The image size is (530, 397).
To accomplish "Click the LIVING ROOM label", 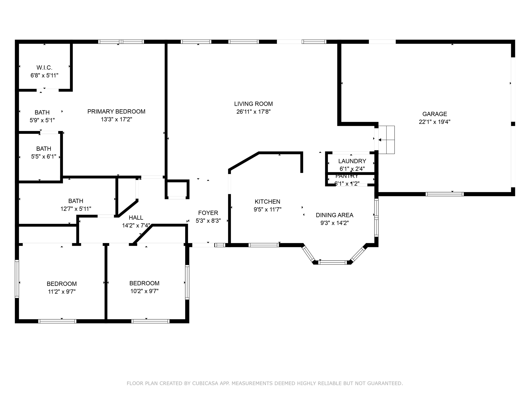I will (x=253, y=104).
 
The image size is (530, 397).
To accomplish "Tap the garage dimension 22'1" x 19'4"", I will (x=435, y=122).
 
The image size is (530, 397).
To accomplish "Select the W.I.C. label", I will (x=45, y=68).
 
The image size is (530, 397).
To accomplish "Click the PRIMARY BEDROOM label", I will (x=116, y=111).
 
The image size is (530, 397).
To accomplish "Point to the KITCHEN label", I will (x=267, y=202).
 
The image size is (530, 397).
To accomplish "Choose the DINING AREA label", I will (x=334, y=215).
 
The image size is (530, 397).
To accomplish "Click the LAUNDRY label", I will (x=352, y=161).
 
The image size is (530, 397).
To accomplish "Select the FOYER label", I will (x=208, y=213).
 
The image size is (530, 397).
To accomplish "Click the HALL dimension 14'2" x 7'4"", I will (x=136, y=225).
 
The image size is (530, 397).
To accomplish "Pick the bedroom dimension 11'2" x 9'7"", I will (x=62, y=292).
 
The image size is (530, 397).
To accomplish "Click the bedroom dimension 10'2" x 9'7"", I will (x=144, y=291).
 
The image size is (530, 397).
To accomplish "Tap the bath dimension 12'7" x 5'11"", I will (x=76, y=209).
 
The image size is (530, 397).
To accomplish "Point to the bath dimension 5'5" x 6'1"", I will (x=44, y=156).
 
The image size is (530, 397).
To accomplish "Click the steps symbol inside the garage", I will (x=387, y=140).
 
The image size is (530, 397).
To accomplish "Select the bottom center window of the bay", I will (x=333, y=262).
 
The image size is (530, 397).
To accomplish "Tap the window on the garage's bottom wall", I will (x=444, y=194).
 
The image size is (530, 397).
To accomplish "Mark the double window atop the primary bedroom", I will (x=121, y=42).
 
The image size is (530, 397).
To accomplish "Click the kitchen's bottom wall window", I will (x=264, y=245).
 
